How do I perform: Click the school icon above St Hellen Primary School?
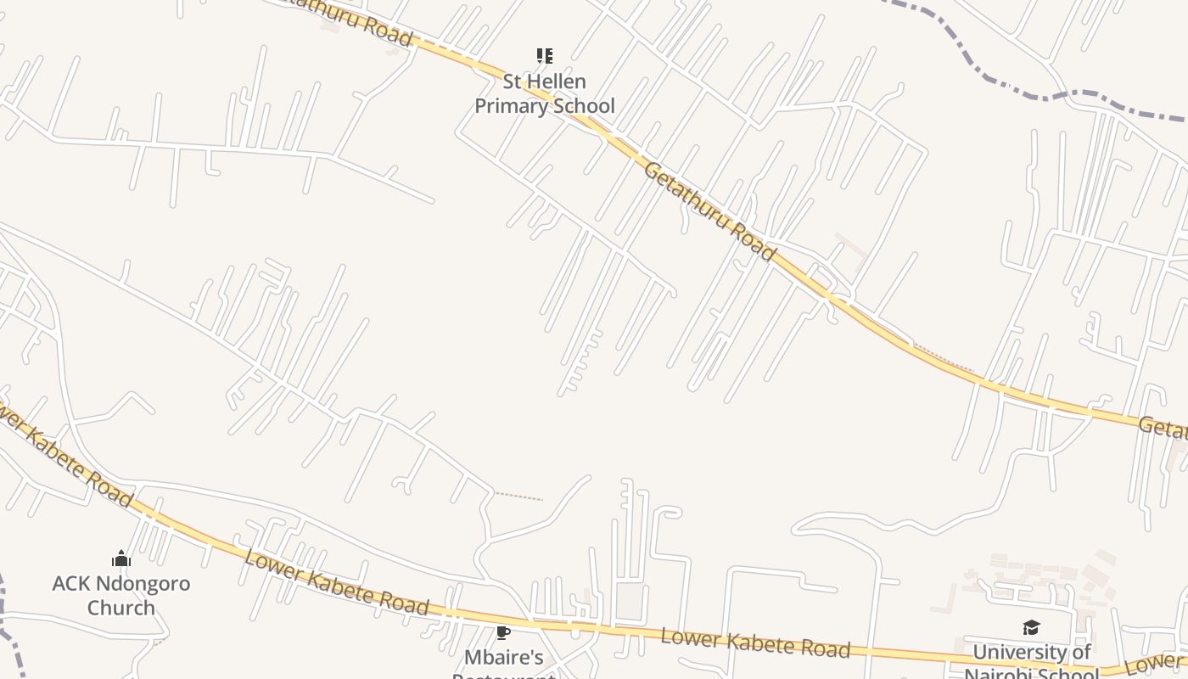[x=544, y=57]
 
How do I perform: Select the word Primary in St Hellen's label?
[x=507, y=106]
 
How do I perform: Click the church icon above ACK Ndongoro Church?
[x=121, y=558]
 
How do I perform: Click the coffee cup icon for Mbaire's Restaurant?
[x=503, y=631]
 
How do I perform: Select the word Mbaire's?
[x=503, y=657]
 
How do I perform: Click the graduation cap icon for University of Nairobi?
[x=1031, y=627]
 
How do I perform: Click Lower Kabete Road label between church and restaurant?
[x=336, y=582]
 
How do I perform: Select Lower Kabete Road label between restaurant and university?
[x=755, y=643]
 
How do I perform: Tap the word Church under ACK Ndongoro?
[x=121, y=608]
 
